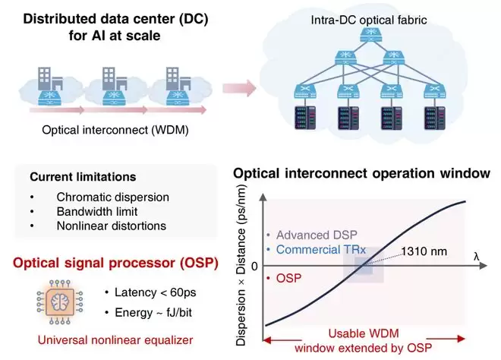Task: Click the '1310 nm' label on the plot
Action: [x=424, y=251]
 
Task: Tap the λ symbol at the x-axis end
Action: [x=477, y=256]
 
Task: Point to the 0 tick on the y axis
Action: [x=254, y=267]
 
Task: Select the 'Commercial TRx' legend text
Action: [x=321, y=249]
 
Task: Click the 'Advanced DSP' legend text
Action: [x=317, y=235]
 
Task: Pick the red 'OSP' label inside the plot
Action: [x=288, y=278]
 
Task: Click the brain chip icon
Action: [x=60, y=302]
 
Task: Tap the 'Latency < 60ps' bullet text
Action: [x=156, y=292]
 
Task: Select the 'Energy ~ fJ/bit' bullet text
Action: [x=153, y=312]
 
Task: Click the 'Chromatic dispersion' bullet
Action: [x=113, y=197]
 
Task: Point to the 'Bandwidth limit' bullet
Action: [x=97, y=211]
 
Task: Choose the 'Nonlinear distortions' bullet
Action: [x=111, y=226]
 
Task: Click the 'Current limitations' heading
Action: [x=83, y=177]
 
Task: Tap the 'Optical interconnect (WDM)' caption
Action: [x=115, y=130]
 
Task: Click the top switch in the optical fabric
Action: [x=370, y=35]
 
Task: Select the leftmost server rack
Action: [x=305, y=118]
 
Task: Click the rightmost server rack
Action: [x=435, y=118]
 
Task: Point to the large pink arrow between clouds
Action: [x=239, y=88]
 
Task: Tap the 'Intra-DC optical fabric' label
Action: [x=369, y=21]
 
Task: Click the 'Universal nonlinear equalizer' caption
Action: [x=115, y=339]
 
